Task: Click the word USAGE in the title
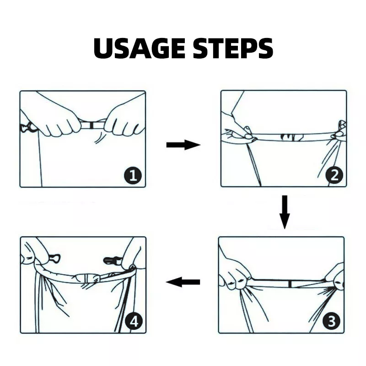[x=140, y=48]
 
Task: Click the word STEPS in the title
[x=233, y=48]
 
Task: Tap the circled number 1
[x=133, y=175]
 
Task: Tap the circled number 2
[x=334, y=175]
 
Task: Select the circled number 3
[x=332, y=321]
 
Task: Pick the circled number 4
[x=134, y=322]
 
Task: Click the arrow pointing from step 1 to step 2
[x=183, y=145]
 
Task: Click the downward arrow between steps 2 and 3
[x=285, y=212]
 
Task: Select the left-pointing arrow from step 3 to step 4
[x=183, y=282]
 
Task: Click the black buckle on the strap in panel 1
[x=91, y=125]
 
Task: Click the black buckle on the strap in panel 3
[x=290, y=284]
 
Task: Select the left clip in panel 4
[x=54, y=258]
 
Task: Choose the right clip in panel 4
[x=113, y=259]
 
